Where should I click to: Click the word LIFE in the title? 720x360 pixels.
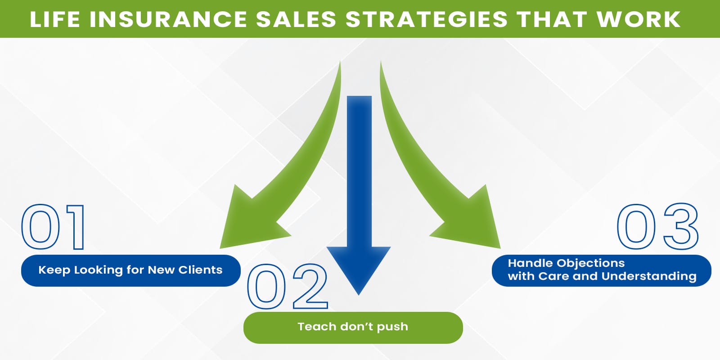55,19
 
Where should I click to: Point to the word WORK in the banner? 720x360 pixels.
639,19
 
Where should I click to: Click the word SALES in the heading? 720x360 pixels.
296,19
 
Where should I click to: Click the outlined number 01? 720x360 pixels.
53,227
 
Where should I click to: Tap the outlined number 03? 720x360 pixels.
657,226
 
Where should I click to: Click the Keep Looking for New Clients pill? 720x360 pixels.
130,270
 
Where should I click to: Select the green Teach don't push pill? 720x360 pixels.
353,327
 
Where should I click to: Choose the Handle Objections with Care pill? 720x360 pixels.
601,270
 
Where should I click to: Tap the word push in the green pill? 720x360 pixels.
392,327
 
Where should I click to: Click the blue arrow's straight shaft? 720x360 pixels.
359,171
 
